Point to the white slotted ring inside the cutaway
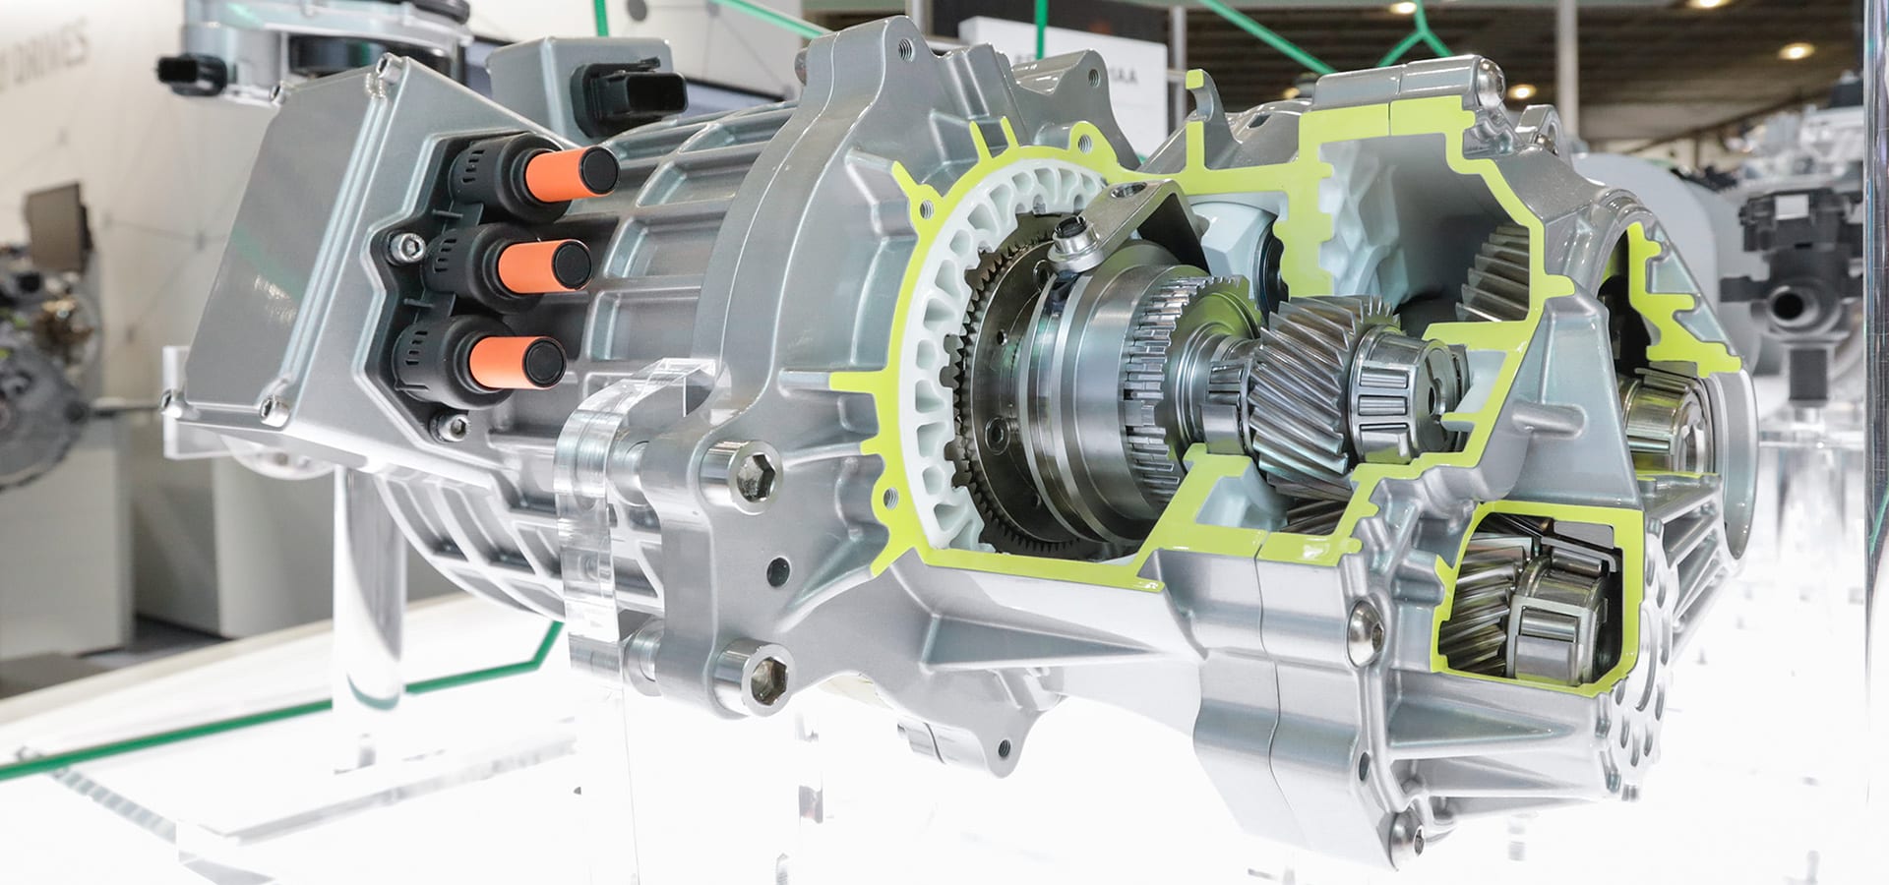944,295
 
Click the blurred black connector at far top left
186,71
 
